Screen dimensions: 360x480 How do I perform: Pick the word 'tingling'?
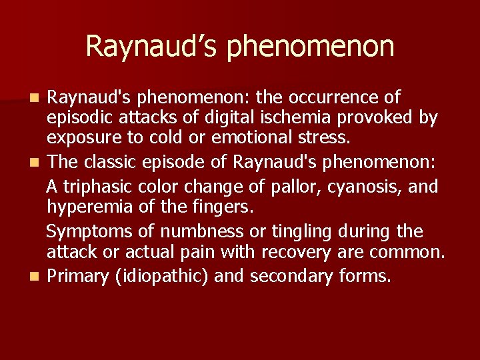point(299,231)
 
